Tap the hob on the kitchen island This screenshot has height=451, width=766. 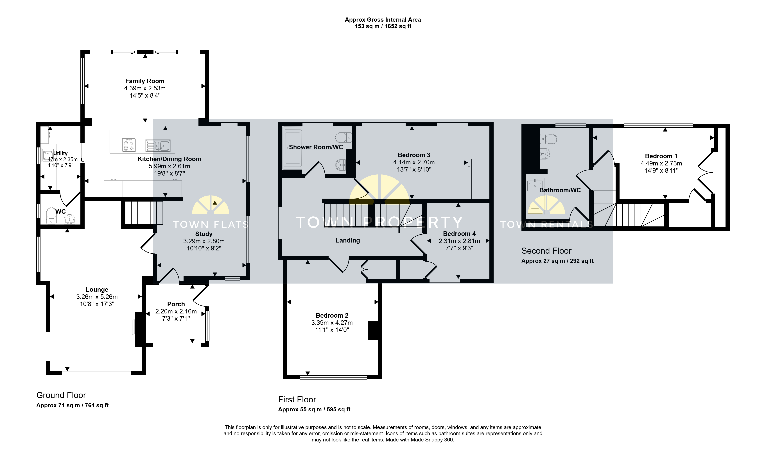[x=129, y=145]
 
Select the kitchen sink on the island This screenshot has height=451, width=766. [x=158, y=146]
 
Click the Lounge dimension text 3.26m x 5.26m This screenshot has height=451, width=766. [x=97, y=297]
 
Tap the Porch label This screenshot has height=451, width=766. [x=176, y=304]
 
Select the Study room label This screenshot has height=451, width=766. [x=204, y=234]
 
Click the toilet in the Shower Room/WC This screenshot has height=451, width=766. [x=343, y=137]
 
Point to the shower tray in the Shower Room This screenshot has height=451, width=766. [x=293, y=148]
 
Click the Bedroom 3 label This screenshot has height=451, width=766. [x=414, y=155]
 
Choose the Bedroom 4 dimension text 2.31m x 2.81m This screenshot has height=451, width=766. [x=459, y=241]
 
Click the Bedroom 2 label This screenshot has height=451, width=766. [x=332, y=315]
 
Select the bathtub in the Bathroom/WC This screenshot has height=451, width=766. [x=535, y=194]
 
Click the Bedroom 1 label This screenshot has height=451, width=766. [x=661, y=156]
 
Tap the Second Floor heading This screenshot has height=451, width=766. [x=546, y=251]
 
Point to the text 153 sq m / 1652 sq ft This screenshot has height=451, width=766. [x=383, y=26]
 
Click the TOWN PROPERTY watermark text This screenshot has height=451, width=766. [x=379, y=222]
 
